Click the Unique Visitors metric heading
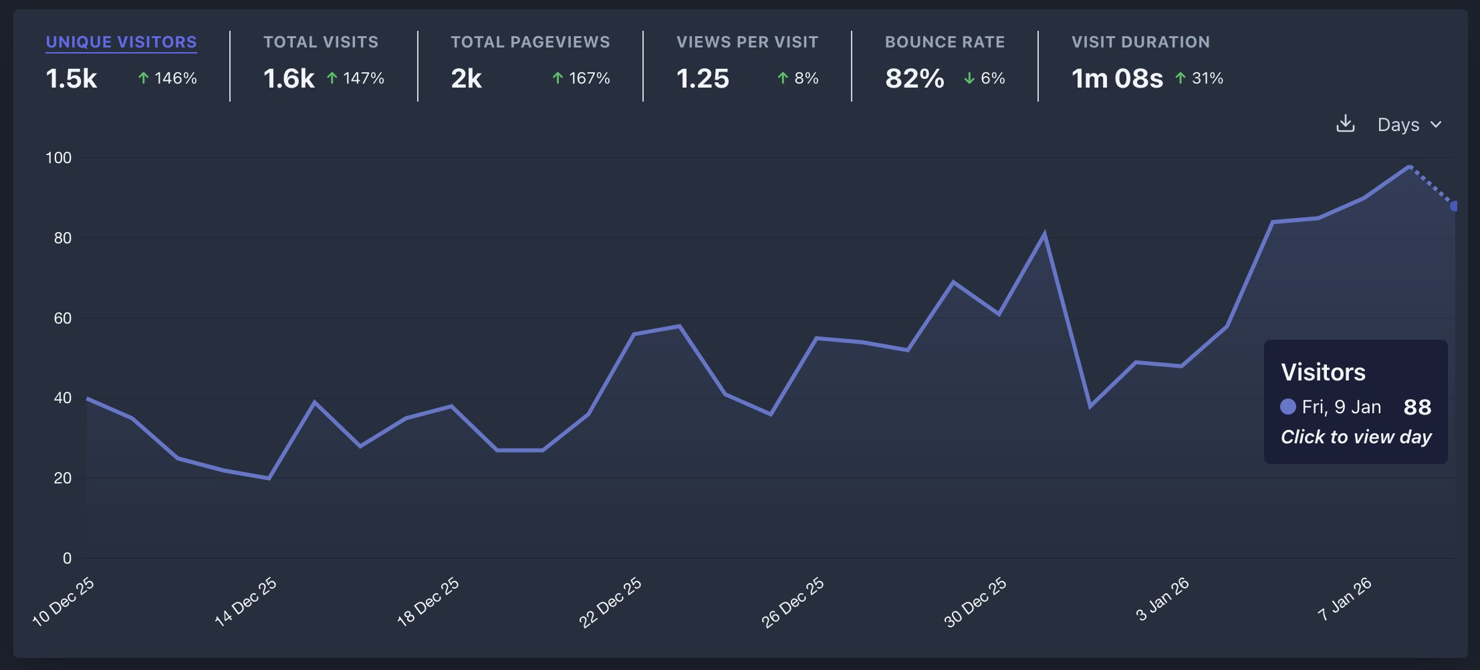coord(121,42)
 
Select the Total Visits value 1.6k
coord(289,79)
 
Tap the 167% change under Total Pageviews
coord(588,78)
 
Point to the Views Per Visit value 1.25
coord(703,79)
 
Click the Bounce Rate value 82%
coord(914,79)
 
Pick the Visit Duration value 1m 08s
coord(1117,79)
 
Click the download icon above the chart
coord(1345,124)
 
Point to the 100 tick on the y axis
coord(58,158)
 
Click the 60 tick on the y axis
coord(62,318)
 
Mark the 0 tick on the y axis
coord(67,558)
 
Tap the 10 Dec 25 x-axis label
coord(64,601)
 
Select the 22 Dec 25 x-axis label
coord(610,602)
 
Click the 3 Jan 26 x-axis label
coord(1162,598)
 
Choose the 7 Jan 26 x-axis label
coord(1344,598)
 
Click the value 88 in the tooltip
coord(1417,407)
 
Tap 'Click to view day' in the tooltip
coord(1356,437)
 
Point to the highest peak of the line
coord(1409,166)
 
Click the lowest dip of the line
coord(269,478)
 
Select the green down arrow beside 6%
coord(969,79)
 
